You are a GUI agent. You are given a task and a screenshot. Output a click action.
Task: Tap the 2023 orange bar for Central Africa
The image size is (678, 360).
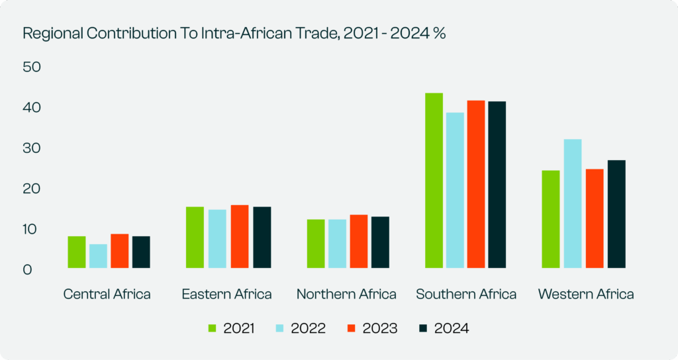click(120, 251)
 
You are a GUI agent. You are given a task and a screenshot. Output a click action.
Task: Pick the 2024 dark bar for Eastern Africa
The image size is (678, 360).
click(262, 238)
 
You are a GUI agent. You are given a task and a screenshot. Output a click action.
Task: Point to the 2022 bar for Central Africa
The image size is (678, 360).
click(99, 256)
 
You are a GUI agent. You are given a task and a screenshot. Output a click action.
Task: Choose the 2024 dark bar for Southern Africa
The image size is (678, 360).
click(497, 185)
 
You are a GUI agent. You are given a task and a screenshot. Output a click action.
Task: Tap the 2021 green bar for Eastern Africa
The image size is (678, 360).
click(195, 238)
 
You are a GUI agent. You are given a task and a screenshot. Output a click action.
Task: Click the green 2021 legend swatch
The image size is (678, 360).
click(213, 328)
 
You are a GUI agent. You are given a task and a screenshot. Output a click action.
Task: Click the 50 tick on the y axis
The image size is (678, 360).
click(32, 67)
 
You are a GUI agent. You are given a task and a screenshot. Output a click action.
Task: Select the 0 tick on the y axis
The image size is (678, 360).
click(27, 270)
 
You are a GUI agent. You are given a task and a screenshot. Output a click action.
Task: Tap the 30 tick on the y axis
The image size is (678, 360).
click(32, 149)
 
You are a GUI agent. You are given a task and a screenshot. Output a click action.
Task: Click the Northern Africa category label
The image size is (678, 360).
click(346, 294)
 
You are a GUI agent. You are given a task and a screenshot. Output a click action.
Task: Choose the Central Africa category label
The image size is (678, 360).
click(107, 294)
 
